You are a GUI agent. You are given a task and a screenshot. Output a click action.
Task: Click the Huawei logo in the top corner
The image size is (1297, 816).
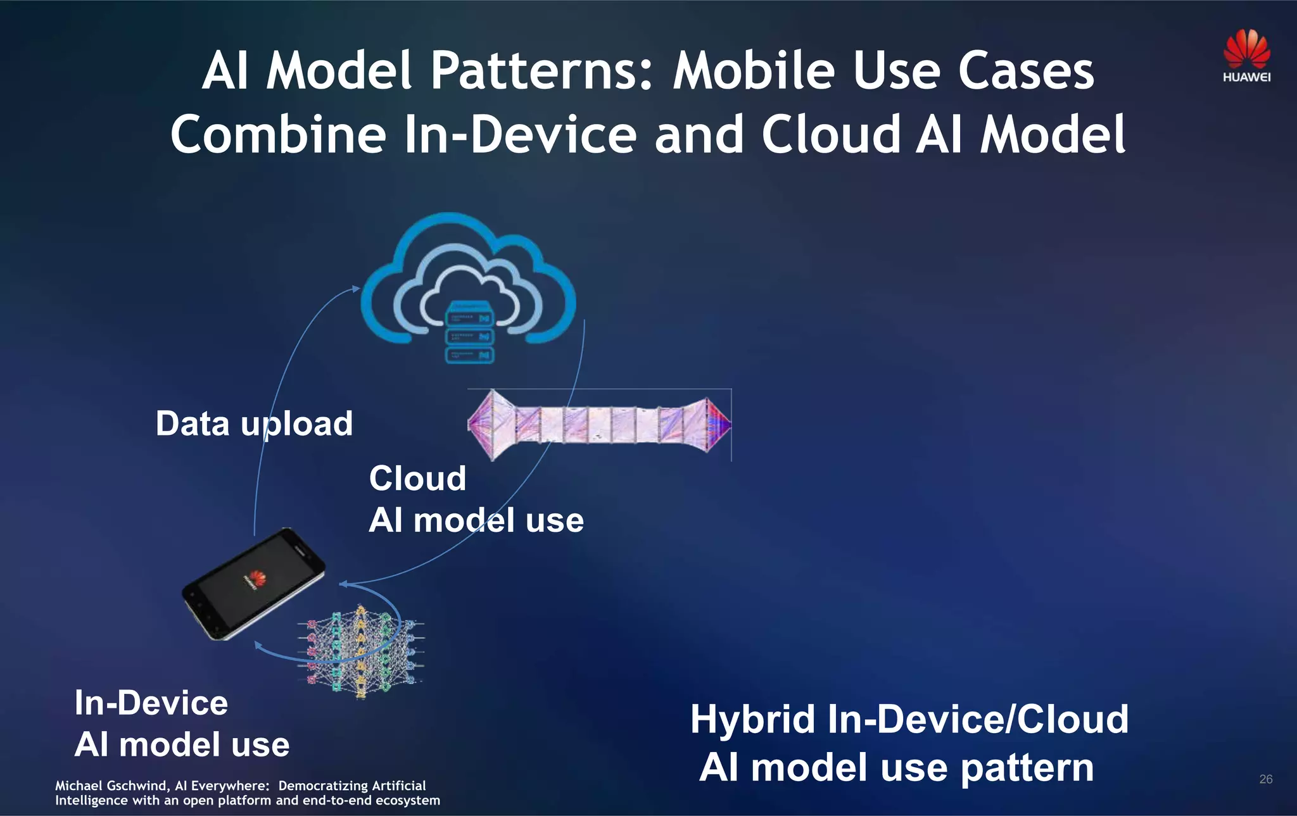(x=1246, y=56)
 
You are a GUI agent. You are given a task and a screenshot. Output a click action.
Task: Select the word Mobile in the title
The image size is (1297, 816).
(x=754, y=71)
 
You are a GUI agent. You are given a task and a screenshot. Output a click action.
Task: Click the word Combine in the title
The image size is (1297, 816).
(x=278, y=135)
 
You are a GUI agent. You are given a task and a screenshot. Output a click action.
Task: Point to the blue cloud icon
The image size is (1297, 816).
(x=469, y=279)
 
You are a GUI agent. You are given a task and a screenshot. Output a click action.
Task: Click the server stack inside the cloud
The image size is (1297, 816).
(x=469, y=334)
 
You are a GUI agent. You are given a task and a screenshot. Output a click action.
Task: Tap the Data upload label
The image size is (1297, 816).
(x=254, y=424)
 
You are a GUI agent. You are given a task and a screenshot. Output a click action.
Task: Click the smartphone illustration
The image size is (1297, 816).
(x=253, y=584)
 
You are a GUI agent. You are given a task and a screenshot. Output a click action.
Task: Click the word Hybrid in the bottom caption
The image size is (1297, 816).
(x=752, y=720)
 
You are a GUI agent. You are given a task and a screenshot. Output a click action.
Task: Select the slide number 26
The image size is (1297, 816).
(x=1265, y=779)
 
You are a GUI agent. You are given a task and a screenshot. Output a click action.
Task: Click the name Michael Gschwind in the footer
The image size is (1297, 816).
(x=111, y=786)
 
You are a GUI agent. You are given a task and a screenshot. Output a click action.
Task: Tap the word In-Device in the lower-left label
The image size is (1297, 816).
(x=151, y=703)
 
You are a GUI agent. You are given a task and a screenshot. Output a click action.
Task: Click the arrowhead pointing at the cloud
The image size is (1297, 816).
(x=356, y=289)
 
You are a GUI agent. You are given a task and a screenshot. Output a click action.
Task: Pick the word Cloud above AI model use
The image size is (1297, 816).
(x=417, y=479)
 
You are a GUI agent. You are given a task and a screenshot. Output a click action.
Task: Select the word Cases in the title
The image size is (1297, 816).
(x=1026, y=71)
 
